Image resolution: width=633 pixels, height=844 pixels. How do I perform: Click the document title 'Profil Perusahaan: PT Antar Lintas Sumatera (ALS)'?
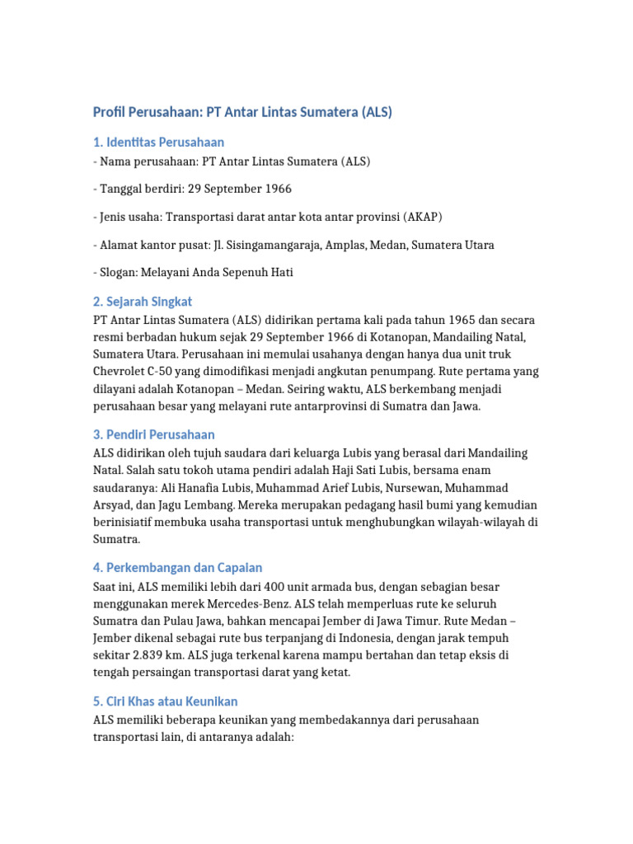[x=242, y=112]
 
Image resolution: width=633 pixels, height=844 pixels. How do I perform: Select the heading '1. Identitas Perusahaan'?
[x=158, y=143]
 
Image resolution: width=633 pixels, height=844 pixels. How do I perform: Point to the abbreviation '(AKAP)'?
[x=423, y=217]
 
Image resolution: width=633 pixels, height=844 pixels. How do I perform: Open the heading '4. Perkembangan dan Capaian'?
[x=178, y=568]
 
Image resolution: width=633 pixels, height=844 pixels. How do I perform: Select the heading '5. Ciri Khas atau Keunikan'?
[x=166, y=701]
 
